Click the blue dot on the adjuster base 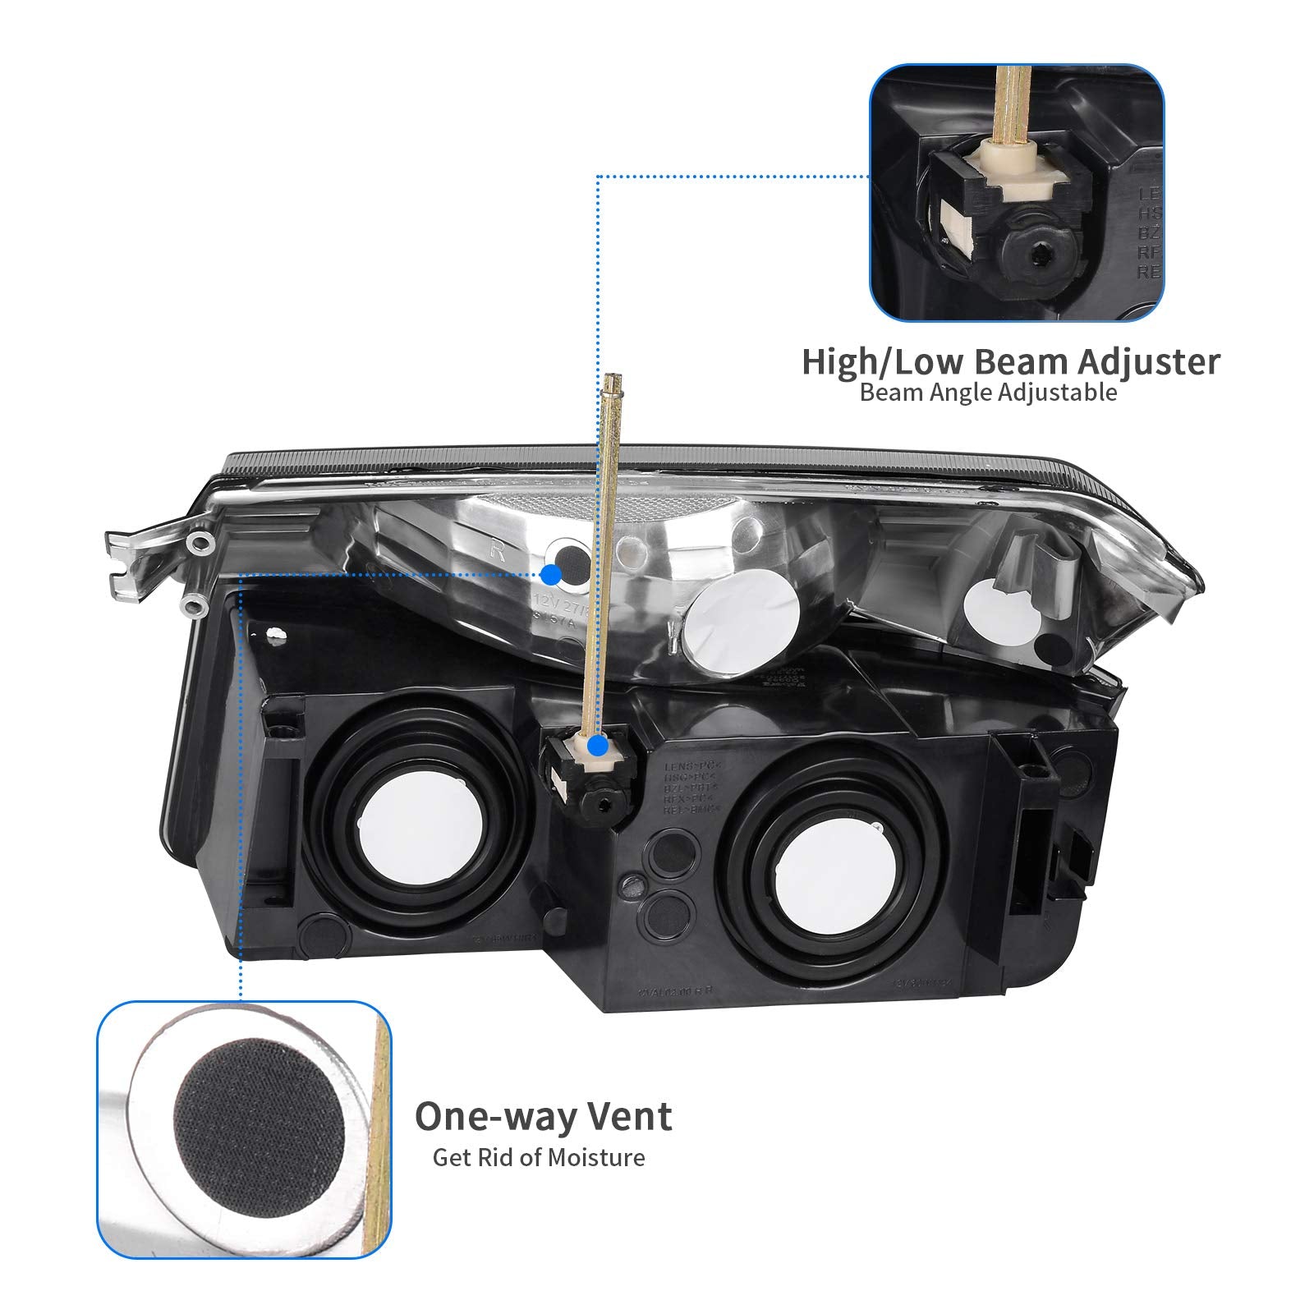[599, 747]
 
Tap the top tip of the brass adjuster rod [613, 379]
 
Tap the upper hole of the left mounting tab [198, 543]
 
